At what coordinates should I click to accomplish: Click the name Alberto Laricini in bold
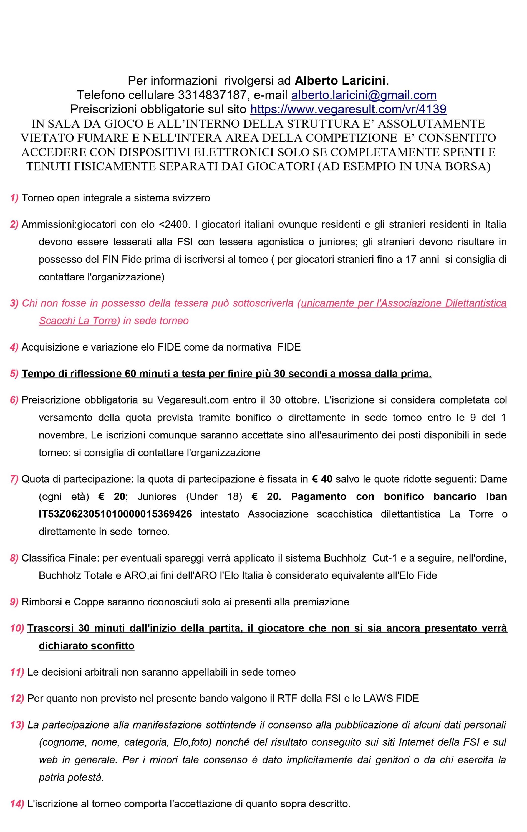tap(340, 81)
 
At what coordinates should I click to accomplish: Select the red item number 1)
tap(14, 198)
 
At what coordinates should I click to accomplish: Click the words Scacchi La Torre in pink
tap(77, 321)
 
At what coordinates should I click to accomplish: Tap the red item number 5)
tap(14, 374)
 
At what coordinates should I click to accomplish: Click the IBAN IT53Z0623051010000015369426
tap(115, 514)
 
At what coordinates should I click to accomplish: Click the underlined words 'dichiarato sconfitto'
tap(87, 645)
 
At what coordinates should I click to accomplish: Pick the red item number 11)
tap(17, 672)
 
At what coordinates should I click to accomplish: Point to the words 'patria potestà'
tap(71, 777)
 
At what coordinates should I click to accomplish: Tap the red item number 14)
tap(17, 804)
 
